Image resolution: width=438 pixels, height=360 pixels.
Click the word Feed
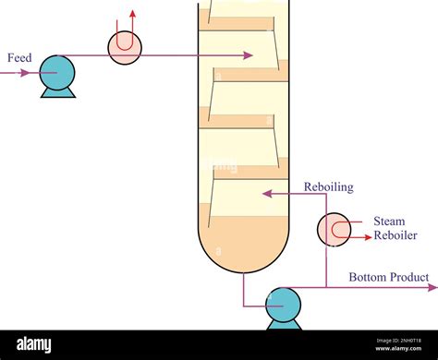click(19, 58)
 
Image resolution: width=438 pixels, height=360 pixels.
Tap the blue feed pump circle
click(57, 73)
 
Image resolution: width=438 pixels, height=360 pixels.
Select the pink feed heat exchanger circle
click(126, 48)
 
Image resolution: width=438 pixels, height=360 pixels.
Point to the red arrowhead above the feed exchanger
click(131, 14)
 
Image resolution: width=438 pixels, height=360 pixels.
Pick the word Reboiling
click(329, 187)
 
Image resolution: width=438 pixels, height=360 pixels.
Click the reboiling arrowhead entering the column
click(266, 194)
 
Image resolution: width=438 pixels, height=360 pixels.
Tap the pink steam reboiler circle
click(334, 230)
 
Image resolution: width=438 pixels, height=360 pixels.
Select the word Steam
click(388, 222)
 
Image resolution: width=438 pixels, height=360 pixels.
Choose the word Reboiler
click(395, 235)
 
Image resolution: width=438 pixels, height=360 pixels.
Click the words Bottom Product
click(388, 277)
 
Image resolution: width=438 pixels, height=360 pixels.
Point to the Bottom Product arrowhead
click(432, 286)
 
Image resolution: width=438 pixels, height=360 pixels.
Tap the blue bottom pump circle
click(283, 304)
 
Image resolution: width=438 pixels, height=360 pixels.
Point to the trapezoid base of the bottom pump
click(284, 324)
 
